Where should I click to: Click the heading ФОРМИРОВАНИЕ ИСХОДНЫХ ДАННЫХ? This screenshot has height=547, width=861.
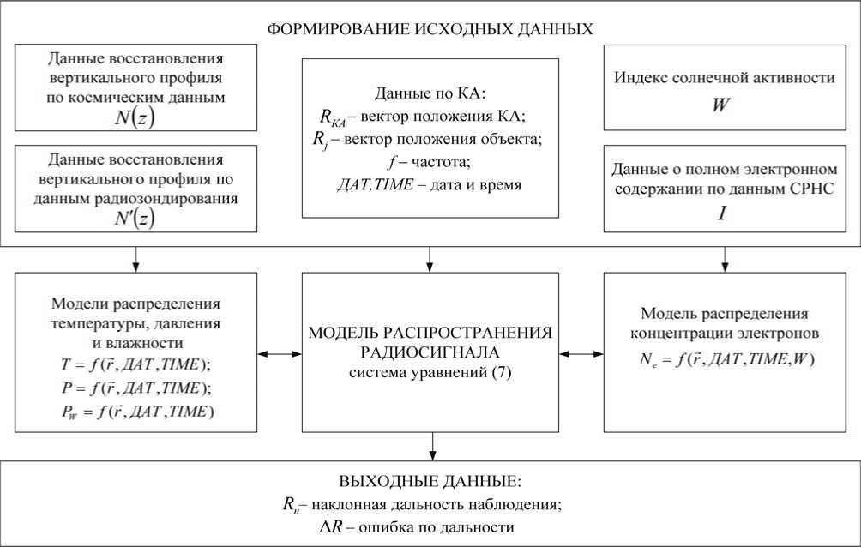pyautogui.click(x=430, y=28)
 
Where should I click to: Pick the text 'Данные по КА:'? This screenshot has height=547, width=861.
pyautogui.click(x=430, y=93)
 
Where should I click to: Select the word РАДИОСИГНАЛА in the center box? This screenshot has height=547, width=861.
pyautogui.click(x=430, y=352)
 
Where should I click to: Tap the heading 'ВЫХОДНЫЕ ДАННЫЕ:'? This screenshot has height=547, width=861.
pyautogui.click(x=430, y=483)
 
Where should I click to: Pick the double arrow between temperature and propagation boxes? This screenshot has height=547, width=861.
pyautogui.click(x=280, y=352)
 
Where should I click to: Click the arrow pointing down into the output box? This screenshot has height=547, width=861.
pyautogui.click(x=430, y=447)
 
